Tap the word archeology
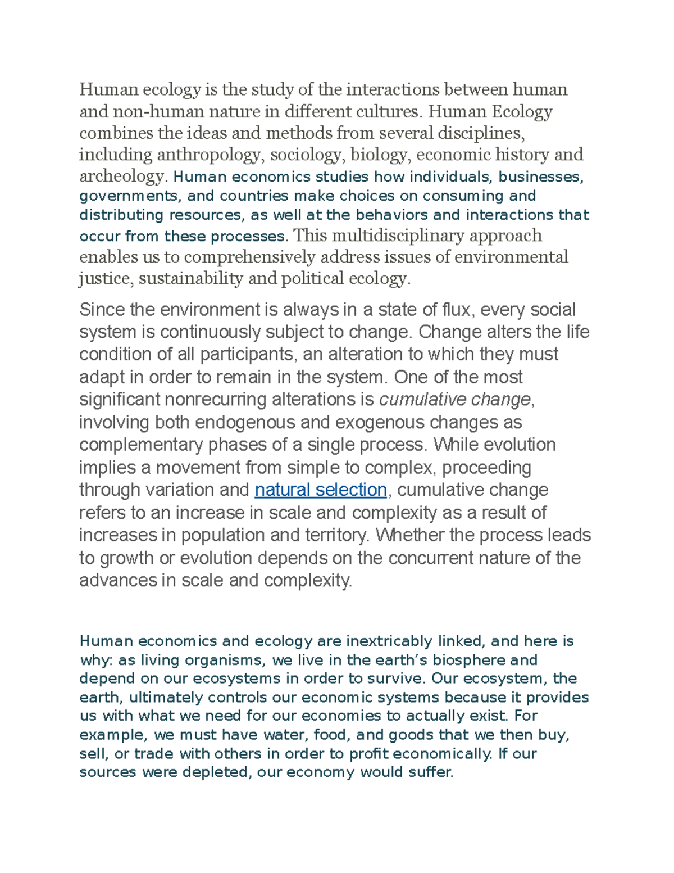click(x=121, y=177)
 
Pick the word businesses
click(x=540, y=177)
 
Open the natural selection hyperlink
click(x=321, y=490)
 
